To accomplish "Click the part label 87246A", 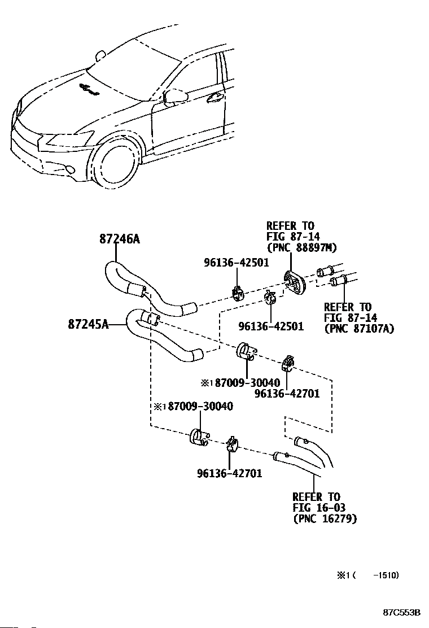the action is coord(120,239).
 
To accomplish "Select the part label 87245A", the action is coord(88,324).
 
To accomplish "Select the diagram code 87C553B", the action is coord(401,612).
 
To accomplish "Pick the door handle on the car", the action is coord(215,95).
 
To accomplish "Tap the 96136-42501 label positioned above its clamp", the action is coord(237,263).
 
